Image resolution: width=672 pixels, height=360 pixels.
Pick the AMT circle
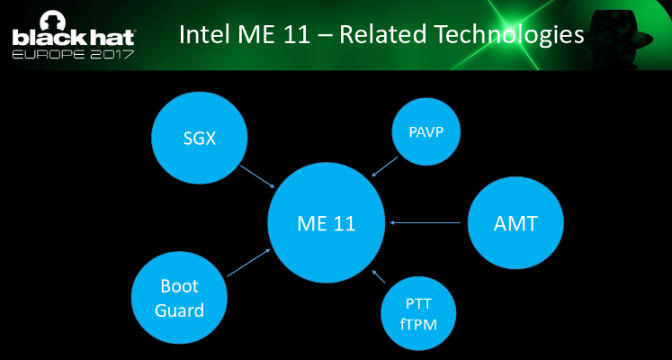pos(515,223)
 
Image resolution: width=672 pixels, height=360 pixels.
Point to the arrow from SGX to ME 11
pos(258,175)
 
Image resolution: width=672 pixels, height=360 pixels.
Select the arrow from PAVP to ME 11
pos(385,165)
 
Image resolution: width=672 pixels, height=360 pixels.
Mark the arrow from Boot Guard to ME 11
pos(248,262)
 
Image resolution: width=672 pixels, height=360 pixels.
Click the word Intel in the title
pos(204,35)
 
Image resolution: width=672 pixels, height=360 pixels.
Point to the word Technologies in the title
pos(509,35)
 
